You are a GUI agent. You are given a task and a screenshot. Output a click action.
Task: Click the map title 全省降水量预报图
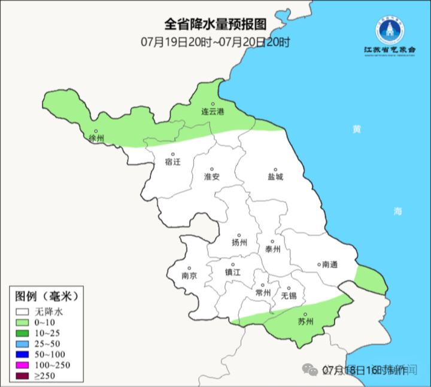point(215,25)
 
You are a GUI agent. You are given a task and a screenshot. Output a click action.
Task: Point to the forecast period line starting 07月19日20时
point(215,42)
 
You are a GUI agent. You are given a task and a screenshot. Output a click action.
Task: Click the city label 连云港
point(212,111)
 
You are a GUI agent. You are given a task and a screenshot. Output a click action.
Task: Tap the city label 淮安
point(212,177)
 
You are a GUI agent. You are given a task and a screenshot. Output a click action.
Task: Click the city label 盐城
point(275,177)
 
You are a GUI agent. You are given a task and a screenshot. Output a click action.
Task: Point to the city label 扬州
point(239,243)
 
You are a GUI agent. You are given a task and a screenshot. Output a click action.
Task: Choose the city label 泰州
point(272,249)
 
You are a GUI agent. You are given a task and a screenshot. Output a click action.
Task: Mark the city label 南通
point(329,264)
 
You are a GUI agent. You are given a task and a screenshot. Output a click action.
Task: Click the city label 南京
point(189,276)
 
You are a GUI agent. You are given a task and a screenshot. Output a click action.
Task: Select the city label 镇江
point(233,271)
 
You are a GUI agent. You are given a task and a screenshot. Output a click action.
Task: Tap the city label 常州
point(263,292)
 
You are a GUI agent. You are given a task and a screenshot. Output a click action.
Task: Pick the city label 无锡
point(289,295)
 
